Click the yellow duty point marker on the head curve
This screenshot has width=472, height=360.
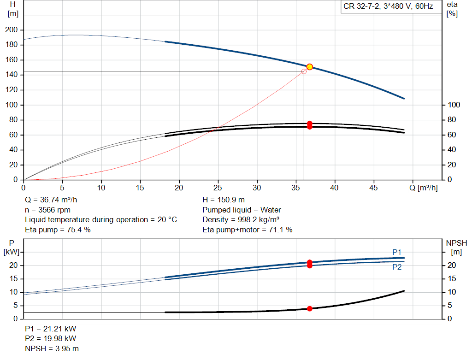309,67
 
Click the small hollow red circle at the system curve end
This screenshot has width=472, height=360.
304,71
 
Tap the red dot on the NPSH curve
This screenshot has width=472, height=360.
309,308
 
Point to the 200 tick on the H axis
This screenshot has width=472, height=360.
12,30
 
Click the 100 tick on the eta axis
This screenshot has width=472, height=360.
454,105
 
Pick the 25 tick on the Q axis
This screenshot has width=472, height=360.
218,188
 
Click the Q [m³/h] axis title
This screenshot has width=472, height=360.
424,188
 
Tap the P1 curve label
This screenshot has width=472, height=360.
397,252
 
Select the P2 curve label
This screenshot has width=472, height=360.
397,267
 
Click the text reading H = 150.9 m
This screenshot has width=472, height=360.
224,200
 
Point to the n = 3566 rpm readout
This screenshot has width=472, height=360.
47,210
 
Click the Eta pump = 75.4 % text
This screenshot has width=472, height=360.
58,230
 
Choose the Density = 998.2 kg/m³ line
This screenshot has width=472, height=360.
241,220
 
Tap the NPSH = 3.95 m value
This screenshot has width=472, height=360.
52,348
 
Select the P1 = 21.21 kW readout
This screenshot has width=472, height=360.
51,329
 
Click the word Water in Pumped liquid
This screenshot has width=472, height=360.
271,210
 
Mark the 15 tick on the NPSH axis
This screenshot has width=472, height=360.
452,279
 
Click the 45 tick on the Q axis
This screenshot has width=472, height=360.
373,188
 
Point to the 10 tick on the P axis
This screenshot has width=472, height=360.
13,292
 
